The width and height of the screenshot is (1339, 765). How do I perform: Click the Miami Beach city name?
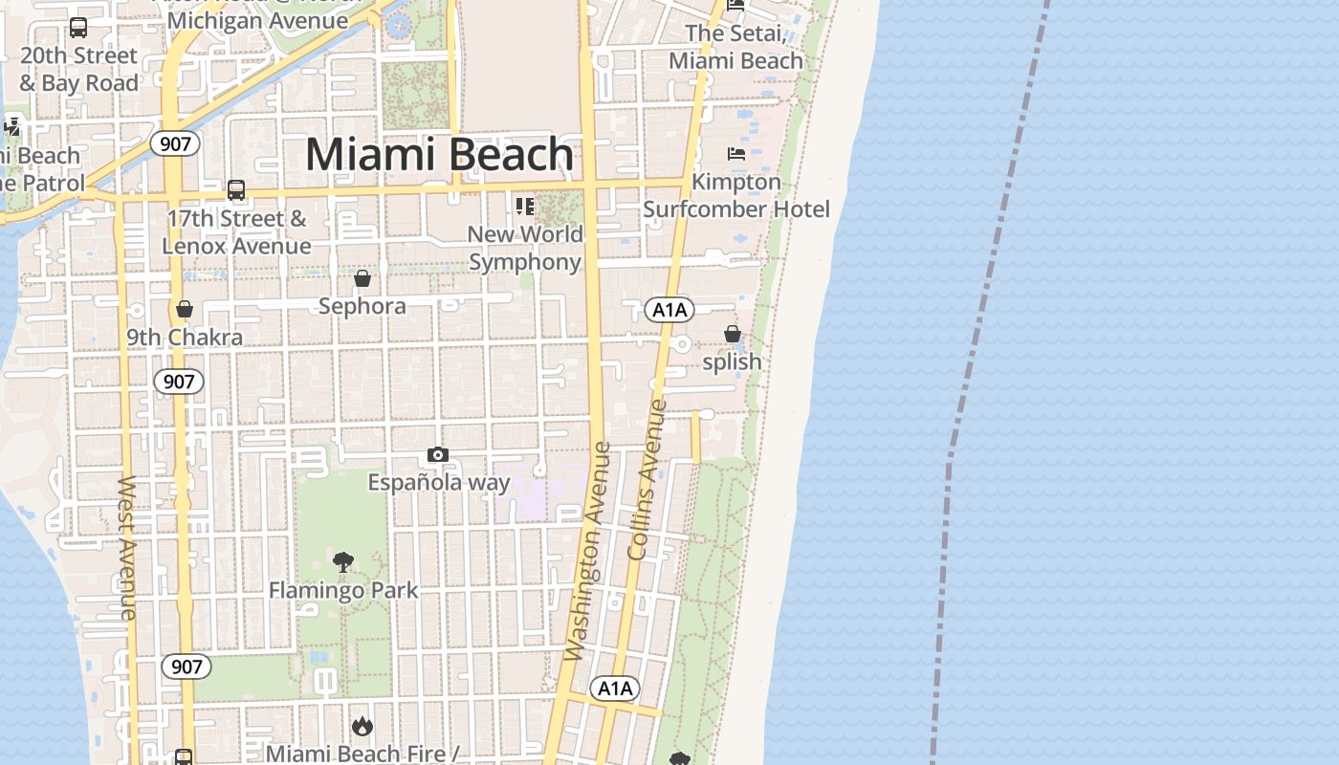439,155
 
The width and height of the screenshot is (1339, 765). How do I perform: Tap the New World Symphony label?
525,248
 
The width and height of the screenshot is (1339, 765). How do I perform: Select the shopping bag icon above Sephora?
362,278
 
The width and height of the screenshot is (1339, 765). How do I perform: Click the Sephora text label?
362,306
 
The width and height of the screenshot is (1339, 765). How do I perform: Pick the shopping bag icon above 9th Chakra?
185,309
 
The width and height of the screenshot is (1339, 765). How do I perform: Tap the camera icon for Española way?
438,454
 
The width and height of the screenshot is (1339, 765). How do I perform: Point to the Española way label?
439,482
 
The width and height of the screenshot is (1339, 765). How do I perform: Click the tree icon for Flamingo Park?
342,562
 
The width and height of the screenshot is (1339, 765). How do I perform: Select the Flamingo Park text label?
342,590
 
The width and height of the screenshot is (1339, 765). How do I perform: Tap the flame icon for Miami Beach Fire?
362,727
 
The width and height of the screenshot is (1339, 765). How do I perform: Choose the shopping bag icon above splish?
733,334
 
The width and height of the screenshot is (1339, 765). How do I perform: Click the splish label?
732,361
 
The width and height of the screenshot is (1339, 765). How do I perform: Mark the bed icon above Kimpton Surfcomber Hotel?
735,153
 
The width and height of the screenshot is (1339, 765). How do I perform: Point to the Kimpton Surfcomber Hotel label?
735,195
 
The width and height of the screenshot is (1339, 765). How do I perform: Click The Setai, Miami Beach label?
735,47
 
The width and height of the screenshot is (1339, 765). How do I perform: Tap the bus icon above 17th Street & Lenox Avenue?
236,190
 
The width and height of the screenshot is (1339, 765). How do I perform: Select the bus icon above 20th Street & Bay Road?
78,28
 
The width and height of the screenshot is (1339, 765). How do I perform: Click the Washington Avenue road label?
587,552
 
